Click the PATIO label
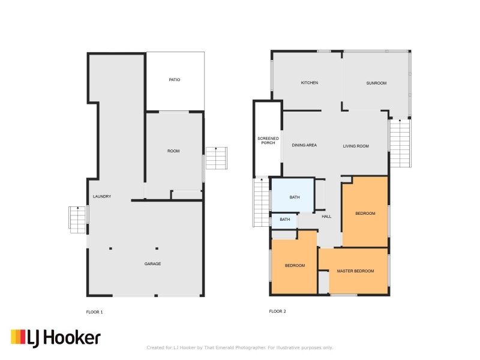(x=174, y=80)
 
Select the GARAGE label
(x=152, y=264)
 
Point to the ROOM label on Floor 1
(x=173, y=151)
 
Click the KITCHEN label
(x=309, y=83)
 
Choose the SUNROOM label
(x=376, y=83)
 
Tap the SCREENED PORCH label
(x=268, y=140)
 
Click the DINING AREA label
(x=304, y=146)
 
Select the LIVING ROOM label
(x=356, y=146)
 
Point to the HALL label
(x=326, y=217)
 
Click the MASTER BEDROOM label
(x=355, y=271)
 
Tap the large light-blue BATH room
(x=293, y=196)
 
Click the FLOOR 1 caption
(x=94, y=311)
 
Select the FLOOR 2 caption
(x=277, y=311)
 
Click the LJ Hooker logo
(x=55, y=338)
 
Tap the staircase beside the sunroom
(x=400, y=142)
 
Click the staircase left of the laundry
(x=78, y=219)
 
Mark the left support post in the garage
(x=110, y=248)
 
